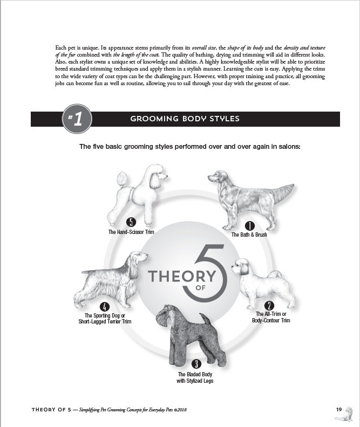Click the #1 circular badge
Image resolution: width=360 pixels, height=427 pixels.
tap(77, 119)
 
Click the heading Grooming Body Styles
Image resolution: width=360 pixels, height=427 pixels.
tap(185, 119)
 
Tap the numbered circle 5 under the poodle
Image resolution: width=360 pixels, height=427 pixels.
tap(131, 222)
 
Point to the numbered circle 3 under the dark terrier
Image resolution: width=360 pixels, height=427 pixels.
tap(196, 364)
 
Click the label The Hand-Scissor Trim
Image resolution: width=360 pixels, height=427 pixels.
tap(131, 232)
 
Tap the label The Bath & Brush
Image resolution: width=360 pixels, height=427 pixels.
tap(249, 235)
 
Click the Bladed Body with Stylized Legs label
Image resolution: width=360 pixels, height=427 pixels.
tap(195, 377)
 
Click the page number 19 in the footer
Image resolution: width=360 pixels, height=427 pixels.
tap(339, 410)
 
